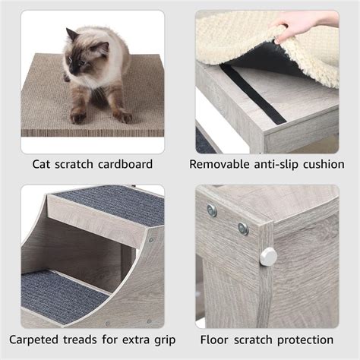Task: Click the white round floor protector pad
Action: (268, 256)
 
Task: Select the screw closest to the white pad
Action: (243, 229)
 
